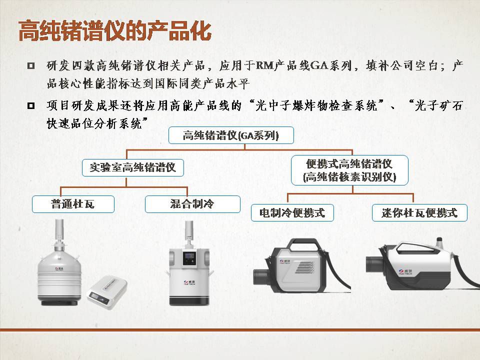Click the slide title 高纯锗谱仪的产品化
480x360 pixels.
tap(115, 30)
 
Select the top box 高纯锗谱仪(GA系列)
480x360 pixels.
tap(231, 135)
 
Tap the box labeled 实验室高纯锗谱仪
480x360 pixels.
tap(133, 167)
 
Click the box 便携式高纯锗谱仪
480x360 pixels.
tap(349, 170)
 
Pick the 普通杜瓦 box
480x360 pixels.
tap(73, 204)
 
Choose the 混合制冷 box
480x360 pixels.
tap(192, 204)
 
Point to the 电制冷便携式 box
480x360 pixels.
tap(292, 213)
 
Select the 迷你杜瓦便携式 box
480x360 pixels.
tap(419, 213)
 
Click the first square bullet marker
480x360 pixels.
tap(31, 66)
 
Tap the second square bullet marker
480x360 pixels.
tap(31, 106)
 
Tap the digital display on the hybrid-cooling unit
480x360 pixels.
tap(189, 255)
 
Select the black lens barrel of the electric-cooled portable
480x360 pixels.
tap(261, 276)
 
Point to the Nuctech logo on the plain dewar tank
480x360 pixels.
tap(59, 269)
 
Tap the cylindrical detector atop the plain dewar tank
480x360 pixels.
tap(59, 229)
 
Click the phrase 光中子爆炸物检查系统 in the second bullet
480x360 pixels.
tap(316, 106)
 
